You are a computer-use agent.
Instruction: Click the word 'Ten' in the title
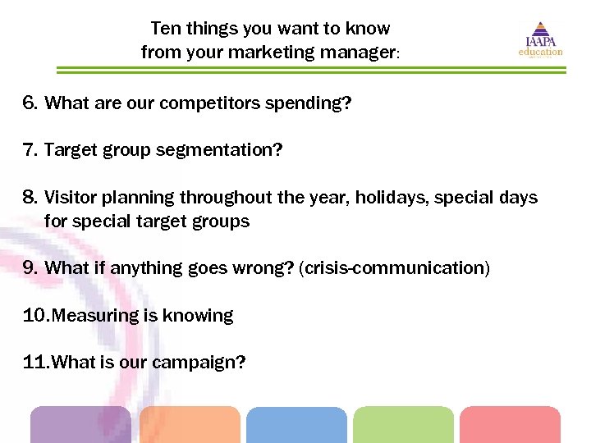(x=164, y=29)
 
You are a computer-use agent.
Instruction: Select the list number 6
(x=30, y=103)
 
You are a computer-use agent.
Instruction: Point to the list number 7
(x=30, y=150)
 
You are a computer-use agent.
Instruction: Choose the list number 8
(x=30, y=198)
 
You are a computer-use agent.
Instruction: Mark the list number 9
(x=30, y=268)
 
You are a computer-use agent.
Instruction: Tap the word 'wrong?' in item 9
(x=268, y=268)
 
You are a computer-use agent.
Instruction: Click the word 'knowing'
(x=202, y=315)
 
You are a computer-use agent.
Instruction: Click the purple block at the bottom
(x=80, y=425)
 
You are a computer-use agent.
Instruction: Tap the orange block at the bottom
(x=190, y=425)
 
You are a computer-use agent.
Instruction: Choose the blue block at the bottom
(x=296, y=425)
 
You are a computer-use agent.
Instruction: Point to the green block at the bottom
(x=403, y=425)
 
